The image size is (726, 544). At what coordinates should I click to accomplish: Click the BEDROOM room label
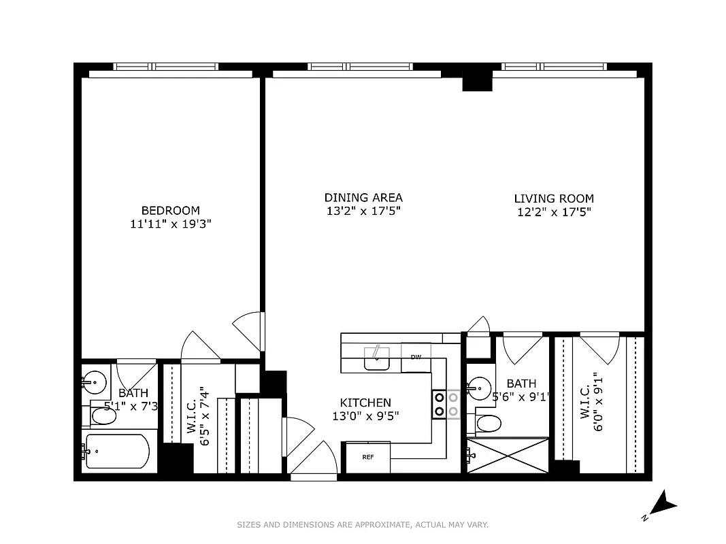point(170,210)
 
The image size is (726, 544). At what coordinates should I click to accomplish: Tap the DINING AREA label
point(363,198)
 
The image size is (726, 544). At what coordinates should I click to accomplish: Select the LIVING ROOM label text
point(553,199)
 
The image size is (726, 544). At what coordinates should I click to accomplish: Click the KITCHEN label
point(365,403)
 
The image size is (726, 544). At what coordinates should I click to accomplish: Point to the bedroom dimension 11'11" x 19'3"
point(170,224)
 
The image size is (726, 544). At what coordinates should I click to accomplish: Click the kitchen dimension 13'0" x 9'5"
point(365,415)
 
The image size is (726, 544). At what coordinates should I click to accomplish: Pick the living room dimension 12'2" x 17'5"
point(553,211)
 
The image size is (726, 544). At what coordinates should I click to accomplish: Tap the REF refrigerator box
point(368,457)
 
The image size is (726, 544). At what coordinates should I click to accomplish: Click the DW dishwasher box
point(416,358)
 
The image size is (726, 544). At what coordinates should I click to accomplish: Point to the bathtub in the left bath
point(116,451)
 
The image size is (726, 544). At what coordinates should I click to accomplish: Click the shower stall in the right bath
point(508,456)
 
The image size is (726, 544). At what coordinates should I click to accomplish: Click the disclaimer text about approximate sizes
point(363,524)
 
